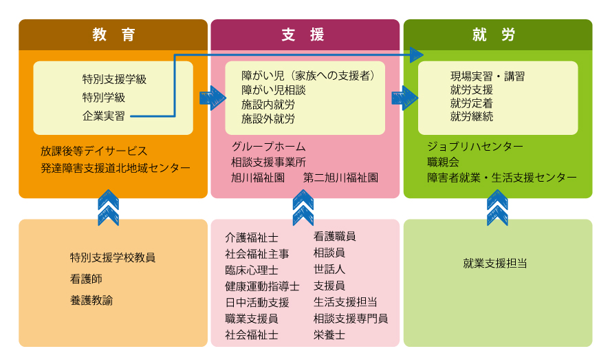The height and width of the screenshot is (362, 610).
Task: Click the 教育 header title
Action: point(113,35)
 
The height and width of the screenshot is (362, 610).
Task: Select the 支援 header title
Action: point(303,35)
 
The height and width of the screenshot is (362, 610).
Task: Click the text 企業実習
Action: point(104,116)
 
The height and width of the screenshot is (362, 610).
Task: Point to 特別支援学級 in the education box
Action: point(114,79)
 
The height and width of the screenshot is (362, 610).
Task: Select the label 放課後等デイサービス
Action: point(94,151)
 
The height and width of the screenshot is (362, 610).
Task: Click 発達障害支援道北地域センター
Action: point(115,168)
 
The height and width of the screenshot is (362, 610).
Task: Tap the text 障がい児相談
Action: point(273,89)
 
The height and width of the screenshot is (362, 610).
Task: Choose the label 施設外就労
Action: point(268,118)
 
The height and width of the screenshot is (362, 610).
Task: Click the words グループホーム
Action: point(268,147)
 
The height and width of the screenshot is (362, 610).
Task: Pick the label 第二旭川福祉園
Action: point(340,178)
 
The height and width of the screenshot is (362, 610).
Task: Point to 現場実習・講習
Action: point(487,76)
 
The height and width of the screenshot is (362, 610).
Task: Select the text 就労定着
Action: point(471,103)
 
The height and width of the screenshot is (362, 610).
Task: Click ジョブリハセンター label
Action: point(475,147)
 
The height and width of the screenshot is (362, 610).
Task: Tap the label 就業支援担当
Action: point(495,263)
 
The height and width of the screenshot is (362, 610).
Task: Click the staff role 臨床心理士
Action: point(252,269)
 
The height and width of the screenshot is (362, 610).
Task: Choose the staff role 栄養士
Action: point(329,334)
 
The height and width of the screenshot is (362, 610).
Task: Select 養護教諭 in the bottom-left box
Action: point(91,300)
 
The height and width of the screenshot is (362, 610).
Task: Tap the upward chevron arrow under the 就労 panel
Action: point(497,208)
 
